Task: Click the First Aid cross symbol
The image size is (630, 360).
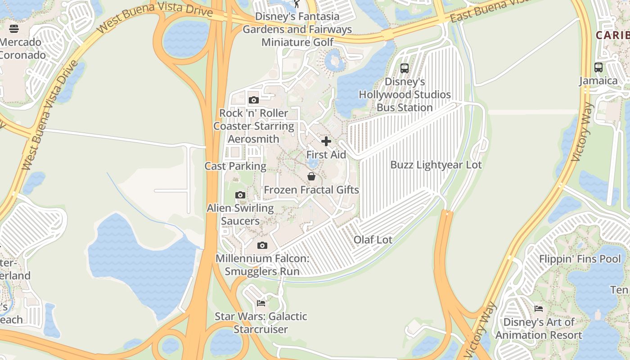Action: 326,142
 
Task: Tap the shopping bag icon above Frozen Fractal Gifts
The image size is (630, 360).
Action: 311,176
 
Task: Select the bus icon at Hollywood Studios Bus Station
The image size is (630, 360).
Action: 405,68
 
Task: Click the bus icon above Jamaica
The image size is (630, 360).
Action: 598,67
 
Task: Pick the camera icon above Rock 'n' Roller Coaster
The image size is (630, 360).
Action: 253,100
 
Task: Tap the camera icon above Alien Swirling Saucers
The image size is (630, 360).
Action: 240,195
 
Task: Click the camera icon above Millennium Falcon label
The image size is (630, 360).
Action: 262,245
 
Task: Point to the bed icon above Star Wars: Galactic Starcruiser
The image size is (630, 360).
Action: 261,303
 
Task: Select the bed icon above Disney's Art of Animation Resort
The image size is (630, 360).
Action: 538,309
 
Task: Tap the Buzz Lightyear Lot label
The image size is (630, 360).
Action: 436,165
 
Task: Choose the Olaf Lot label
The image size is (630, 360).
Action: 373,240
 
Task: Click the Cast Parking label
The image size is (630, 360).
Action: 235,166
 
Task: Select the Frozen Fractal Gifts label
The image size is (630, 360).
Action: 311,190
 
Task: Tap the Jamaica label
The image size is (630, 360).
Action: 598,81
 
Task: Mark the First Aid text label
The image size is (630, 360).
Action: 326,155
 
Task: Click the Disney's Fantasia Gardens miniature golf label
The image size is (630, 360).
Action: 297,29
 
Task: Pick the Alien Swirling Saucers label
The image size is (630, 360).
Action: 240,215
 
